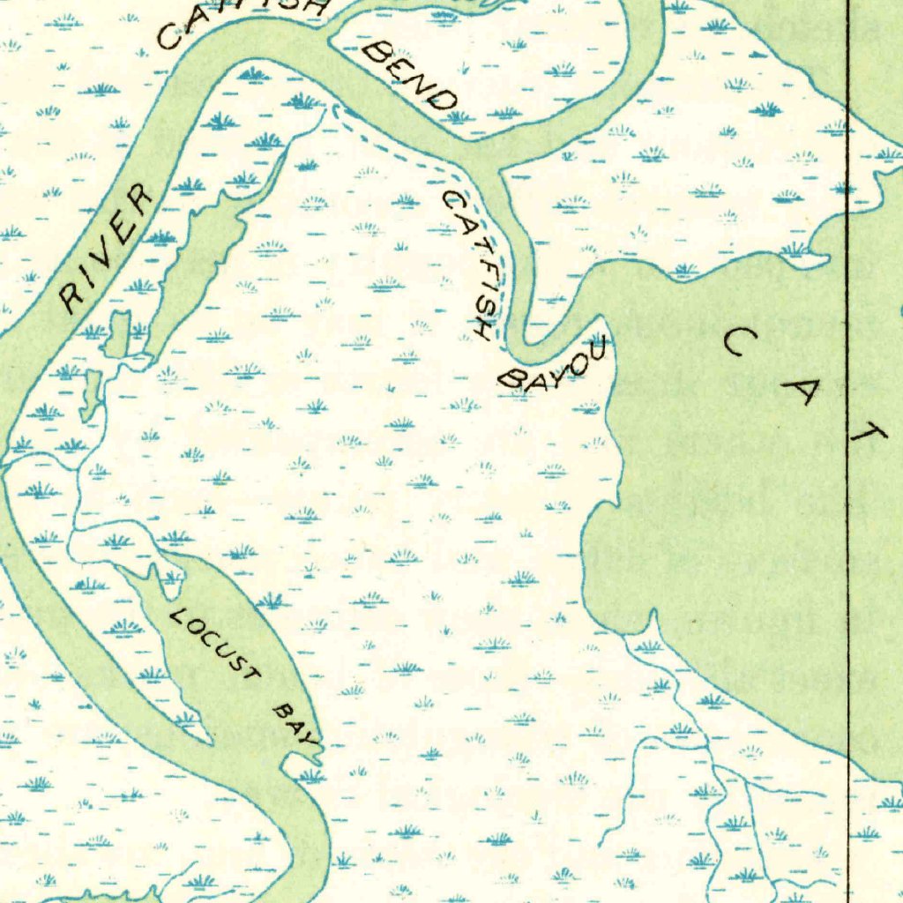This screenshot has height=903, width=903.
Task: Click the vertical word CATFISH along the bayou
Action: (470, 264)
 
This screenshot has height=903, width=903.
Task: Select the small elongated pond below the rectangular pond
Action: (91, 393)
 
